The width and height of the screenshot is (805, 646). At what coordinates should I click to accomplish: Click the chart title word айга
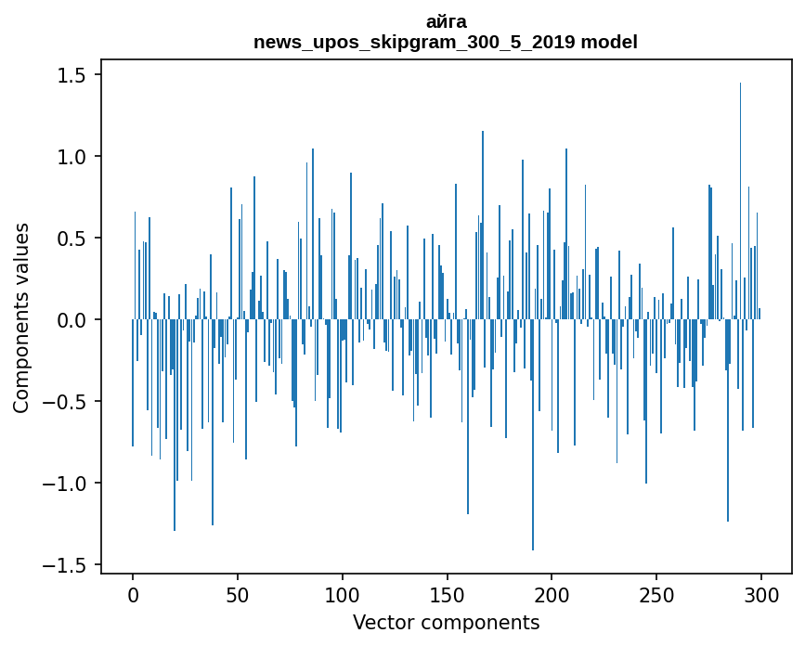tap(446, 21)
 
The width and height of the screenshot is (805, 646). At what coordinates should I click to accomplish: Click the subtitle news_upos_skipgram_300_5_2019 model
tap(446, 42)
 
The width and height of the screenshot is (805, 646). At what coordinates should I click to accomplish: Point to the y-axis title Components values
tap(21, 317)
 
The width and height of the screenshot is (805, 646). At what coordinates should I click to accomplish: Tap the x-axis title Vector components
tap(446, 622)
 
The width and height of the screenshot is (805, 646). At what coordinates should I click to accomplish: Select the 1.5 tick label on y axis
tap(72, 75)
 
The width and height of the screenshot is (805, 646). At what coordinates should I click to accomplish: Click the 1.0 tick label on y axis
tap(72, 157)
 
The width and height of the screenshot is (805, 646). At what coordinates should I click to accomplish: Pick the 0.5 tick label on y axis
tap(72, 239)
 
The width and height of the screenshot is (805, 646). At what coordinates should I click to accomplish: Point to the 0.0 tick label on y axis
tap(72, 320)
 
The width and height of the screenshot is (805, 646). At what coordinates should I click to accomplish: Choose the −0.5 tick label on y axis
tap(66, 402)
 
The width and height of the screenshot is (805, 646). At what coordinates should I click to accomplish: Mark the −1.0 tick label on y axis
tap(66, 484)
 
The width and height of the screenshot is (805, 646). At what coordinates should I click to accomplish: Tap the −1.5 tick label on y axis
tap(66, 565)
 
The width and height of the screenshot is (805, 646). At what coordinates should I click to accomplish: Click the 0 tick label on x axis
tap(133, 594)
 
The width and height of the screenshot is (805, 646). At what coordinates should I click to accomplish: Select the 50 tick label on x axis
tap(238, 594)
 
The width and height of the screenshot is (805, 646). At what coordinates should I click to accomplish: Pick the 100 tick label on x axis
tap(343, 594)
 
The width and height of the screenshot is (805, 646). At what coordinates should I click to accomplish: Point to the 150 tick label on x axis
tap(448, 594)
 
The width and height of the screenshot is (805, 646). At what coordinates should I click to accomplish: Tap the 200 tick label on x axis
tap(552, 594)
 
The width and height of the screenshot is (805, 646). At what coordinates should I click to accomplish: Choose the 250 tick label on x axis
tap(657, 594)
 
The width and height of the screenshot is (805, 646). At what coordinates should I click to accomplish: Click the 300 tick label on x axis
tap(761, 594)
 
